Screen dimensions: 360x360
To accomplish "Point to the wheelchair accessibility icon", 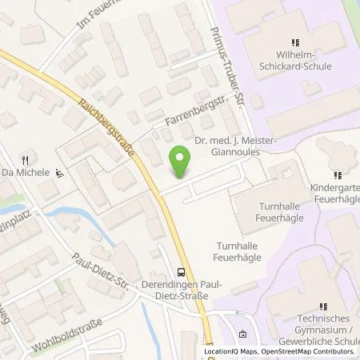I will (x=61, y=172).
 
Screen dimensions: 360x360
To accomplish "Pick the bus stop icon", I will (x=181, y=273).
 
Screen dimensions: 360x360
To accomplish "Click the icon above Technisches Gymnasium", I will (x=325, y=305).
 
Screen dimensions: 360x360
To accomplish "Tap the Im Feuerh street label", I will (x=96, y=16).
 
